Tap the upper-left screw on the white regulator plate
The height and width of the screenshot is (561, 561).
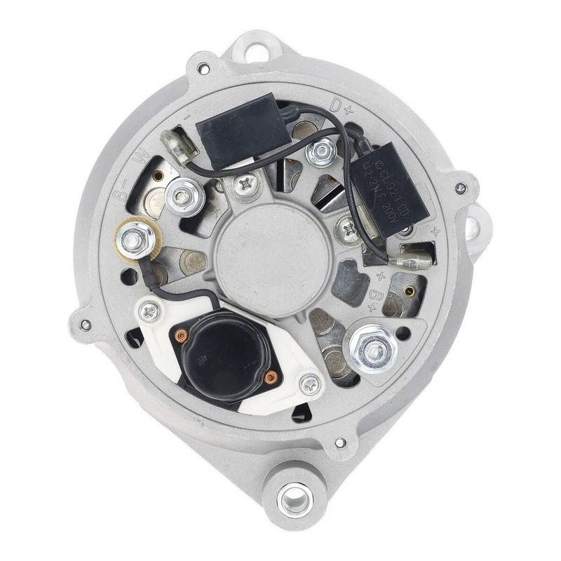[x=148, y=311]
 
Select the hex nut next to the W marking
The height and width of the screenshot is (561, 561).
[x=183, y=196]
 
